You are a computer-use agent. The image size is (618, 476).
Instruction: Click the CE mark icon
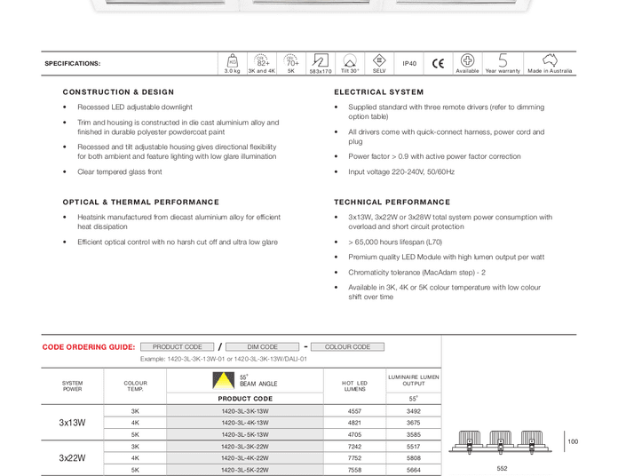point(438,63)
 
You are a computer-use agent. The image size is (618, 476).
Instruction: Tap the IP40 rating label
point(409,64)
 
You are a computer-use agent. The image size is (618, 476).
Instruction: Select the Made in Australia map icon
point(550,60)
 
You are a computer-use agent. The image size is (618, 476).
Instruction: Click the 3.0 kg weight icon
point(232,60)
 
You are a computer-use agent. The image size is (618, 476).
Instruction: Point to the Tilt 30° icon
point(350,60)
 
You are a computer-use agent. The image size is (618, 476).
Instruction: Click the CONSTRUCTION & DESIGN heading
point(118,92)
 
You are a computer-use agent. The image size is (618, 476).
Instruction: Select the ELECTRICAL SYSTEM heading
point(379,92)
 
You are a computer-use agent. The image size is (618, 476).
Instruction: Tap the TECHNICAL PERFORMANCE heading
point(392,202)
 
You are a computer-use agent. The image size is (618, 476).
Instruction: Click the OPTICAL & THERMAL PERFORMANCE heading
point(140,202)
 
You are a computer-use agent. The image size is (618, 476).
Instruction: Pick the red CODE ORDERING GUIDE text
point(89,347)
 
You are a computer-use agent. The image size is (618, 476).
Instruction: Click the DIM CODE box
point(262,347)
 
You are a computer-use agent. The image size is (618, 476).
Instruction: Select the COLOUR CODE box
point(347,347)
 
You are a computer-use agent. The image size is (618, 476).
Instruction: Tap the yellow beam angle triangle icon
point(221,381)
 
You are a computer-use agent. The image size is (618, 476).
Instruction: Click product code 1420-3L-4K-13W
point(245,424)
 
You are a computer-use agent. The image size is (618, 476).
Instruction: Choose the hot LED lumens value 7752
point(355,458)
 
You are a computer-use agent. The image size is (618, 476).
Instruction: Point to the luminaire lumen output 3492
point(414,411)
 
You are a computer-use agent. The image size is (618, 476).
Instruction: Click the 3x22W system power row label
point(73,458)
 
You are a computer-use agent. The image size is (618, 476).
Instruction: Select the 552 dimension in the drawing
point(502,468)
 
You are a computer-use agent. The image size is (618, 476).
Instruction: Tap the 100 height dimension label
point(573,441)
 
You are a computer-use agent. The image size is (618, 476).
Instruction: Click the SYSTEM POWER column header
point(73,385)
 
